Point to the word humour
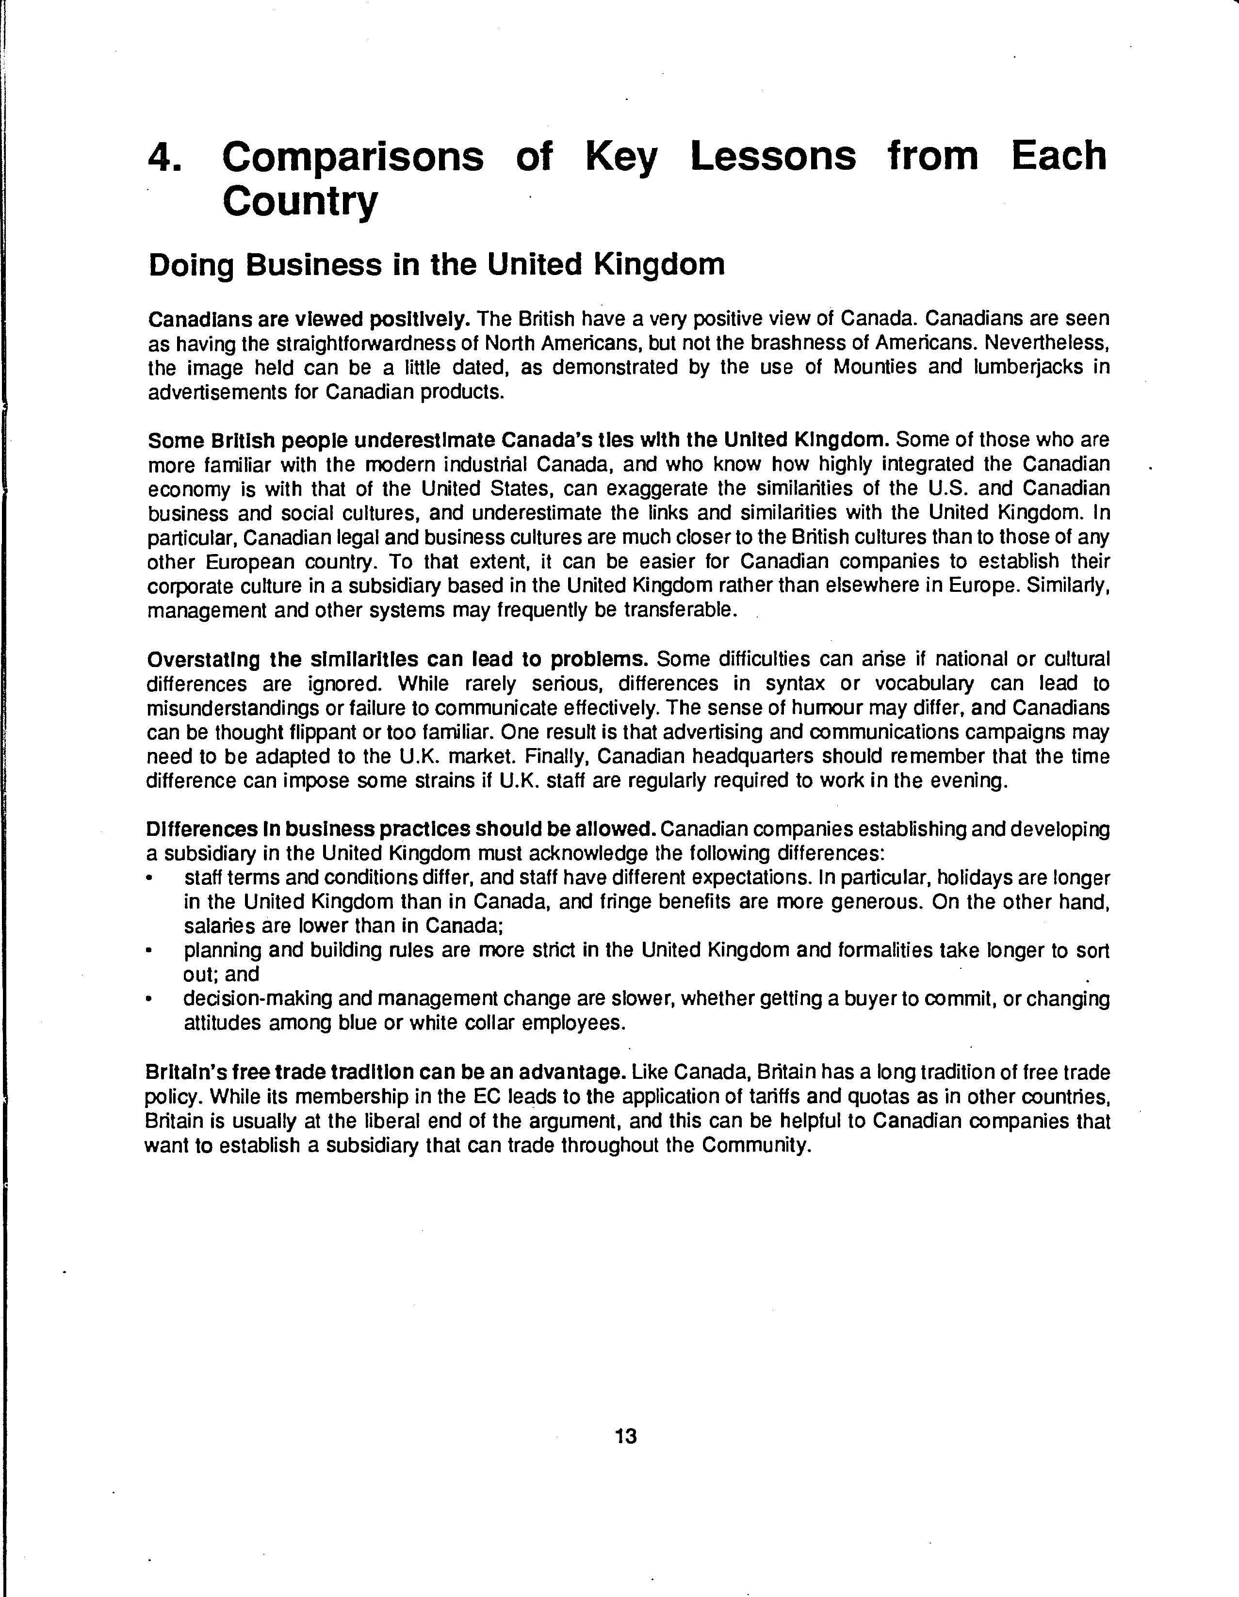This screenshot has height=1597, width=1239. pyautogui.click(x=831, y=708)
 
